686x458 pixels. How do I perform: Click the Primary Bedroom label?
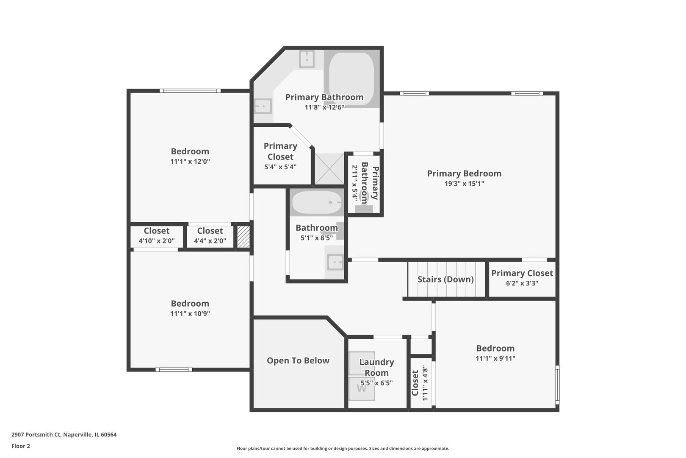[464, 173]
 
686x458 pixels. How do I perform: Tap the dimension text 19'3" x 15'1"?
[464, 184]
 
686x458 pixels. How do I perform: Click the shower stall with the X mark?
[329, 169]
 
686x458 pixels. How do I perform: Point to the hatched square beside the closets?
[243, 237]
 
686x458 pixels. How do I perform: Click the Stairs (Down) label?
[445, 279]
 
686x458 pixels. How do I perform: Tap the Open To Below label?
[298, 360]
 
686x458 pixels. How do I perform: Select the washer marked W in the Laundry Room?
[361, 388]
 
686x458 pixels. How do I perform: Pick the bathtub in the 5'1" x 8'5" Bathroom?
[317, 203]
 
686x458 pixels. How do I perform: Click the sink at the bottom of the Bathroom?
[335, 262]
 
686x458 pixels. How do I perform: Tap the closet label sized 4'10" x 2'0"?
[156, 236]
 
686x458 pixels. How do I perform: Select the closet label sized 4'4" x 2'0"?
[210, 236]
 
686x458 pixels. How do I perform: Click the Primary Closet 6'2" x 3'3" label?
[522, 278]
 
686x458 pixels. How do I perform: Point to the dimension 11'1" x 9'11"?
[495, 358]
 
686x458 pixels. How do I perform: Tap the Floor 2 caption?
[21, 446]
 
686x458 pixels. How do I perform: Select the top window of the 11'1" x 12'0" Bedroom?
[190, 90]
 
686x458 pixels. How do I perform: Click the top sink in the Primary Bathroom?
[307, 59]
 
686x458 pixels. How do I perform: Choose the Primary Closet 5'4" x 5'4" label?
[280, 156]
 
